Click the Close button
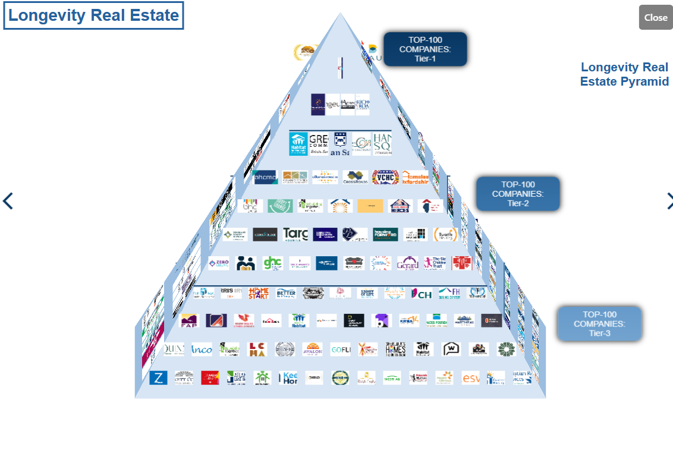(x=655, y=17)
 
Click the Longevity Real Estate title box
(x=93, y=15)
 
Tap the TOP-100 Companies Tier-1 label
(x=425, y=49)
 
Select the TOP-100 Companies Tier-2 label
(x=518, y=194)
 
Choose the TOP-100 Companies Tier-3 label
(x=599, y=323)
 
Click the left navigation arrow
(x=8, y=201)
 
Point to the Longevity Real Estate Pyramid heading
(x=624, y=74)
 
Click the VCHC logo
(x=385, y=177)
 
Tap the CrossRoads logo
(x=356, y=177)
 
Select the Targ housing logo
(x=295, y=234)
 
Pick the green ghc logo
(x=272, y=263)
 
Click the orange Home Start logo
(x=259, y=293)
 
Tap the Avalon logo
(x=312, y=349)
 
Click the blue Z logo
(x=158, y=378)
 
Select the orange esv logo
(x=470, y=378)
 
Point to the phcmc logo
(x=265, y=177)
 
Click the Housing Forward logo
(x=385, y=234)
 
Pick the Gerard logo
(x=407, y=263)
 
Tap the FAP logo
(x=188, y=320)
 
